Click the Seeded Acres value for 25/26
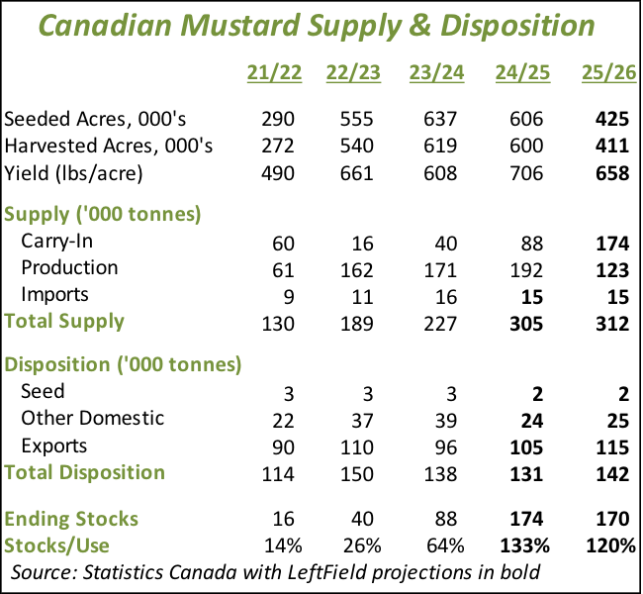tap(612, 120)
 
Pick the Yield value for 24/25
tap(524, 173)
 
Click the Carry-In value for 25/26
tap(612, 241)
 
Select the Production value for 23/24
tap(439, 267)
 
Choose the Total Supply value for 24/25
tap(524, 321)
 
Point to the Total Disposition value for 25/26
tap(612, 473)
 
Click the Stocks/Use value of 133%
tap(519, 544)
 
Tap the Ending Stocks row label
tap(71, 519)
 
